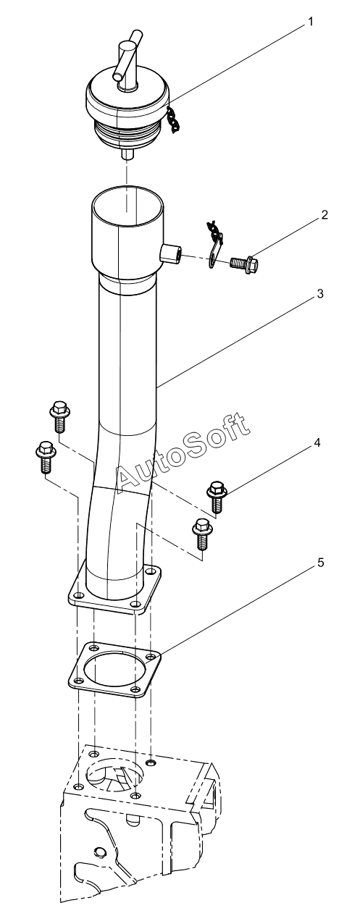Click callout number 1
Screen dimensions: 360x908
[x=310, y=22]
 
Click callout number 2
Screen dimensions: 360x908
[x=324, y=214]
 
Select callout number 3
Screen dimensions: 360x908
[x=320, y=293]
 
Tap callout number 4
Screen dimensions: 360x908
[x=317, y=442]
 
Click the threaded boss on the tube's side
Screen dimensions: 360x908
[x=170, y=253]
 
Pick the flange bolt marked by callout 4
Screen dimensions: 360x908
[x=217, y=496]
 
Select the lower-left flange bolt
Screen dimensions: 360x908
[x=46, y=456]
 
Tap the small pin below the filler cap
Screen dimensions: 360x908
[x=127, y=154]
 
